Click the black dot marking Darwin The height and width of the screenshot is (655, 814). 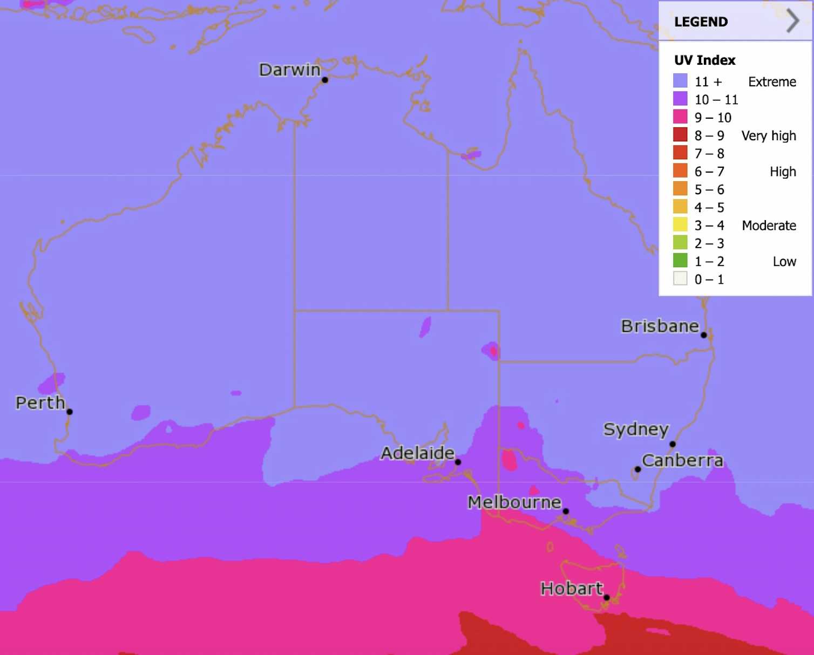pos(325,80)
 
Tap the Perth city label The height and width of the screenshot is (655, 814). pos(40,402)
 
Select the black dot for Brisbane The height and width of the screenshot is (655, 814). pos(704,335)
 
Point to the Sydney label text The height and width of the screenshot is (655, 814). pos(636,429)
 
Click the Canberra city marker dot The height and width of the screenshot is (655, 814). pos(637,469)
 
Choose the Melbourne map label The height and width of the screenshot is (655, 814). pos(514,502)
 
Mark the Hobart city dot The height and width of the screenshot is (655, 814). pos(607,597)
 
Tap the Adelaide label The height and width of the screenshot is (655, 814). pos(417,453)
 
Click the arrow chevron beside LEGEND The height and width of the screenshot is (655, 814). pos(792,21)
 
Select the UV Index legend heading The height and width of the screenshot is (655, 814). pos(704,60)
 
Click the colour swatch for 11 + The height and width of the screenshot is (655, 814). pos(680,81)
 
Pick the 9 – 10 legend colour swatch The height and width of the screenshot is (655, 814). pos(680,117)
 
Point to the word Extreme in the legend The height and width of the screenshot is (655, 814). pos(772,82)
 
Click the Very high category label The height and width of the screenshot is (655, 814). pos(769,136)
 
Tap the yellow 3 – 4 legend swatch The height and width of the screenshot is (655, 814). pos(680,225)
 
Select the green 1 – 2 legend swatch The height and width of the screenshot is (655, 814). pos(680,261)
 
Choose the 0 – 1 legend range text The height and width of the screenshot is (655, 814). pos(709,279)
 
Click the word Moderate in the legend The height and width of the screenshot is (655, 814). pos(769,226)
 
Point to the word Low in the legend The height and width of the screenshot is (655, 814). pos(784,262)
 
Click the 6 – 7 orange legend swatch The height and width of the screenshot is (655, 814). pos(680,171)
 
